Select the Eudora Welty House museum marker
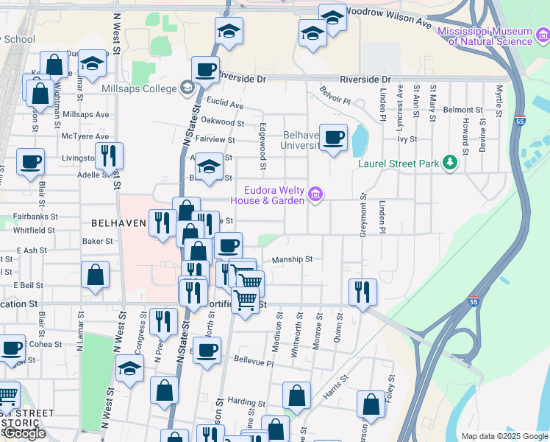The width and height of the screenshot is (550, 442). tap(315, 194)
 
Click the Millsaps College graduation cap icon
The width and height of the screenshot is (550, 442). tap(187, 89)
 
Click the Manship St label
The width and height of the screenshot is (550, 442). tap(293, 259)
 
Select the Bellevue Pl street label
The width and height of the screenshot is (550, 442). tap(253, 363)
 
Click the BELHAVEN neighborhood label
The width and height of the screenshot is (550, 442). tap(117, 222)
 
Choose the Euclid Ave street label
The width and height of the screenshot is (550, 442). tap(225, 105)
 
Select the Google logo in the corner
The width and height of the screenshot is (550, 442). tap(24, 433)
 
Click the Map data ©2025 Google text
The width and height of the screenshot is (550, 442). tap(504, 435)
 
